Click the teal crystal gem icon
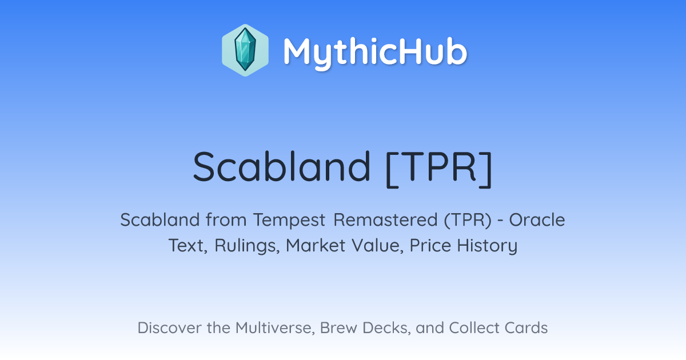tap(245, 50)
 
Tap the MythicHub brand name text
tap(375, 52)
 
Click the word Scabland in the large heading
tap(282, 167)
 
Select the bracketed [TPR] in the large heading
tap(439, 169)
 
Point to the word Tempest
tap(289, 220)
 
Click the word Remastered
tap(385, 220)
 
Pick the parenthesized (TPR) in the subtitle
tap(468, 220)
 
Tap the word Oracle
tap(537, 220)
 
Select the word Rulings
tap(247, 246)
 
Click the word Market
tap(316, 246)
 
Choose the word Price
tap(430, 246)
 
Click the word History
tap(487, 246)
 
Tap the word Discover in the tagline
tap(169, 327)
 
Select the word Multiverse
tap(275, 328)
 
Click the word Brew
tap(338, 327)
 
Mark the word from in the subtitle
tap(226, 220)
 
